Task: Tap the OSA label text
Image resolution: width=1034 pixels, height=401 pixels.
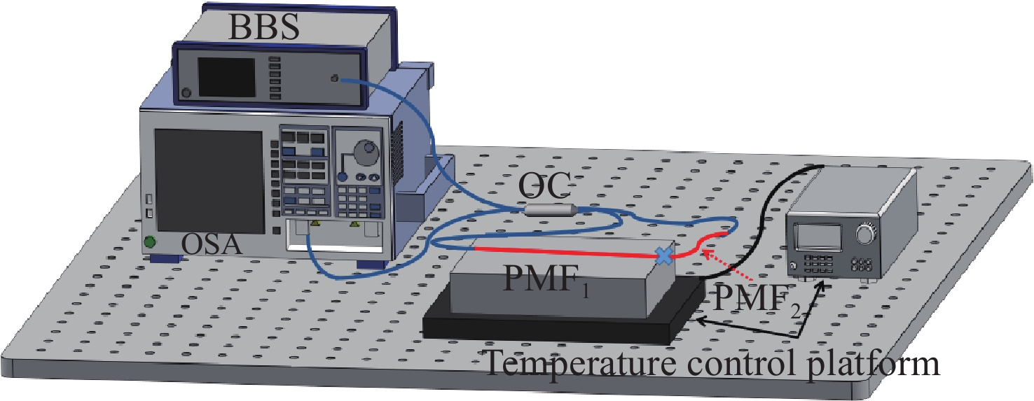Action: click(x=212, y=245)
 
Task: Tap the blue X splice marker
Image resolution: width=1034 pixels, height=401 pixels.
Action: click(x=663, y=256)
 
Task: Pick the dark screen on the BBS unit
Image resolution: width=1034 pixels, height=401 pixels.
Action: click(x=226, y=78)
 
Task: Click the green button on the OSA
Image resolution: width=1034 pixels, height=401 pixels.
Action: click(x=149, y=243)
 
